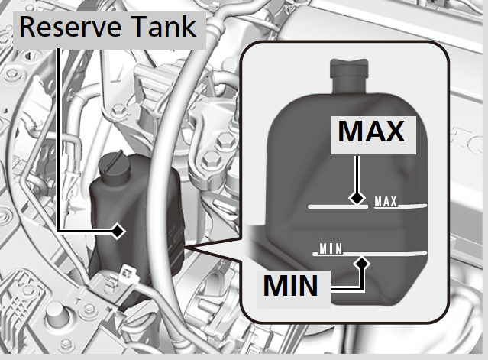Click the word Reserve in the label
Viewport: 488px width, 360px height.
click(70, 27)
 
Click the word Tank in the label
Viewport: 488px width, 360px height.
click(163, 27)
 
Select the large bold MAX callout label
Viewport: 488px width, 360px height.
click(371, 131)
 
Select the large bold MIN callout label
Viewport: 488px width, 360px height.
click(291, 286)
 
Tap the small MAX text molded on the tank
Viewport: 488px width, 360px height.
click(386, 202)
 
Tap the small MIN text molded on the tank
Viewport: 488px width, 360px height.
click(331, 249)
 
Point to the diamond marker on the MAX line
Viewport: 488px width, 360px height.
click(357, 197)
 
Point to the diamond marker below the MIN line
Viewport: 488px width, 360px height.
click(361, 264)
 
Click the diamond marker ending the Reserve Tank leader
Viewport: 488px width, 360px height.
click(118, 231)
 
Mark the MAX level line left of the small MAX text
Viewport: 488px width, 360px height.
click(338, 206)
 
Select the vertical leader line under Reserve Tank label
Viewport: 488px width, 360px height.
click(59, 140)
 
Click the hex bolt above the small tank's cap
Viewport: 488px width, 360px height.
click(118, 110)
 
